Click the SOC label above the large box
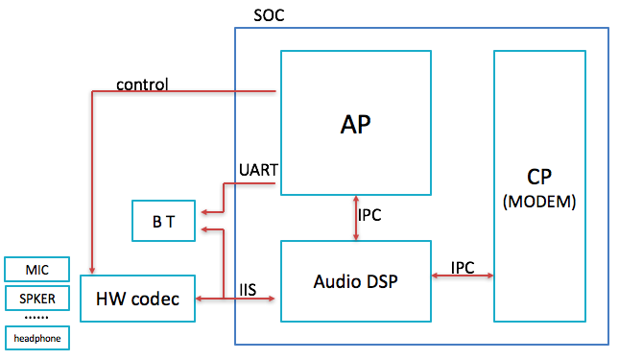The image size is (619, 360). [269, 16]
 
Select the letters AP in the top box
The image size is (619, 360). [355, 124]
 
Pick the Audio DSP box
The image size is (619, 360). [355, 281]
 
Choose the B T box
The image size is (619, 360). [163, 221]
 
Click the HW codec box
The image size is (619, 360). [137, 298]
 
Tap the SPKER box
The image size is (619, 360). [36, 299]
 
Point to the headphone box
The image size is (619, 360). [36, 338]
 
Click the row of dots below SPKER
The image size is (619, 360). [36, 317]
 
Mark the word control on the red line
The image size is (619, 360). [142, 84]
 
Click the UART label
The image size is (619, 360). [257, 170]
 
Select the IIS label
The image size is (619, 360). [250, 287]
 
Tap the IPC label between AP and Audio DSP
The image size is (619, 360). [369, 215]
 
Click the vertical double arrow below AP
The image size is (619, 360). [355, 215]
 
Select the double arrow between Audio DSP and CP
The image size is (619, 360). [462, 277]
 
